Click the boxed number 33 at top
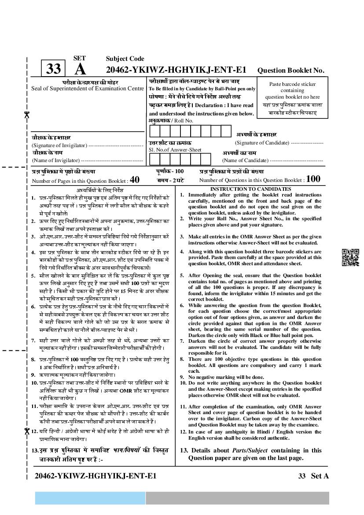point(53,69)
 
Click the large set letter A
point(80,70)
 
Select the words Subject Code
point(125,59)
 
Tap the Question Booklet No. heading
point(290,70)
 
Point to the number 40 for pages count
point(135,179)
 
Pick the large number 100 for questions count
point(313,179)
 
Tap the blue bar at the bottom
point(90,498)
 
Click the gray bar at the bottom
point(237,498)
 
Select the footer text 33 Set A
point(313,476)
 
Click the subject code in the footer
point(95,476)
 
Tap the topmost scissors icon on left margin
point(26,115)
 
